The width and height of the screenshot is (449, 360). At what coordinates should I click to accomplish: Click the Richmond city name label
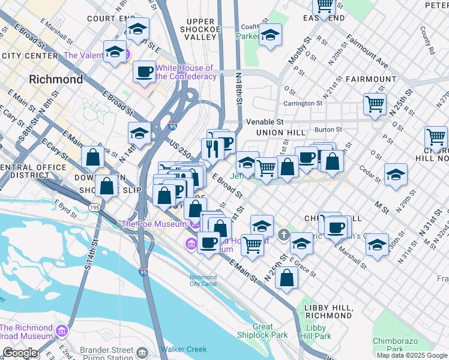tap(56, 79)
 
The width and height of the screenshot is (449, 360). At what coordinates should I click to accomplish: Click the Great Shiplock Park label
tap(271, 331)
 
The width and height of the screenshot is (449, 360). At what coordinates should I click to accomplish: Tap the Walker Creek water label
tap(184, 349)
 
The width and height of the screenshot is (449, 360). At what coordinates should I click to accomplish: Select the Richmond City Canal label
tap(203, 281)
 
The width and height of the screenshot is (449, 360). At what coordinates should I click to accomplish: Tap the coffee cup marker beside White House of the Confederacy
tap(144, 72)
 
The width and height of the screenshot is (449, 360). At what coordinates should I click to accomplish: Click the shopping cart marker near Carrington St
tap(375, 103)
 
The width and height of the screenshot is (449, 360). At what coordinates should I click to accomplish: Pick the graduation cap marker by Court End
tap(137, 29)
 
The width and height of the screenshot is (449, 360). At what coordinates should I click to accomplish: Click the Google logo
tap(20, 353)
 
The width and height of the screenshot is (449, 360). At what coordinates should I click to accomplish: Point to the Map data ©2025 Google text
tap(412, 355)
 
